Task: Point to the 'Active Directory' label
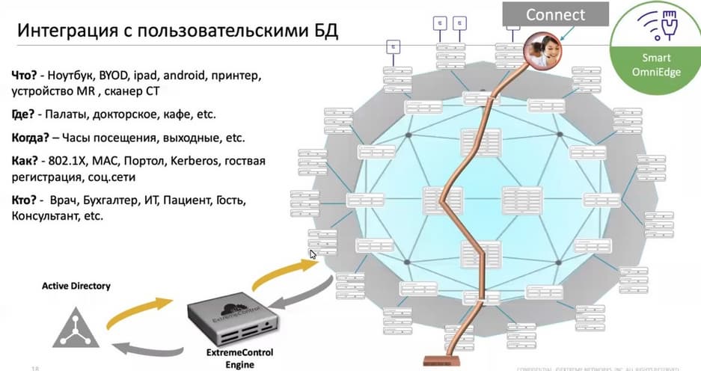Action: [x=76, y=286]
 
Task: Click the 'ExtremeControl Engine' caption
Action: [x=232, y=358]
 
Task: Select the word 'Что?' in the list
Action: [x=27, y=76]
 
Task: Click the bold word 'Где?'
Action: [x=25, y=115]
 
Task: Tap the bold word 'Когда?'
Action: [x=33, y=138]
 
